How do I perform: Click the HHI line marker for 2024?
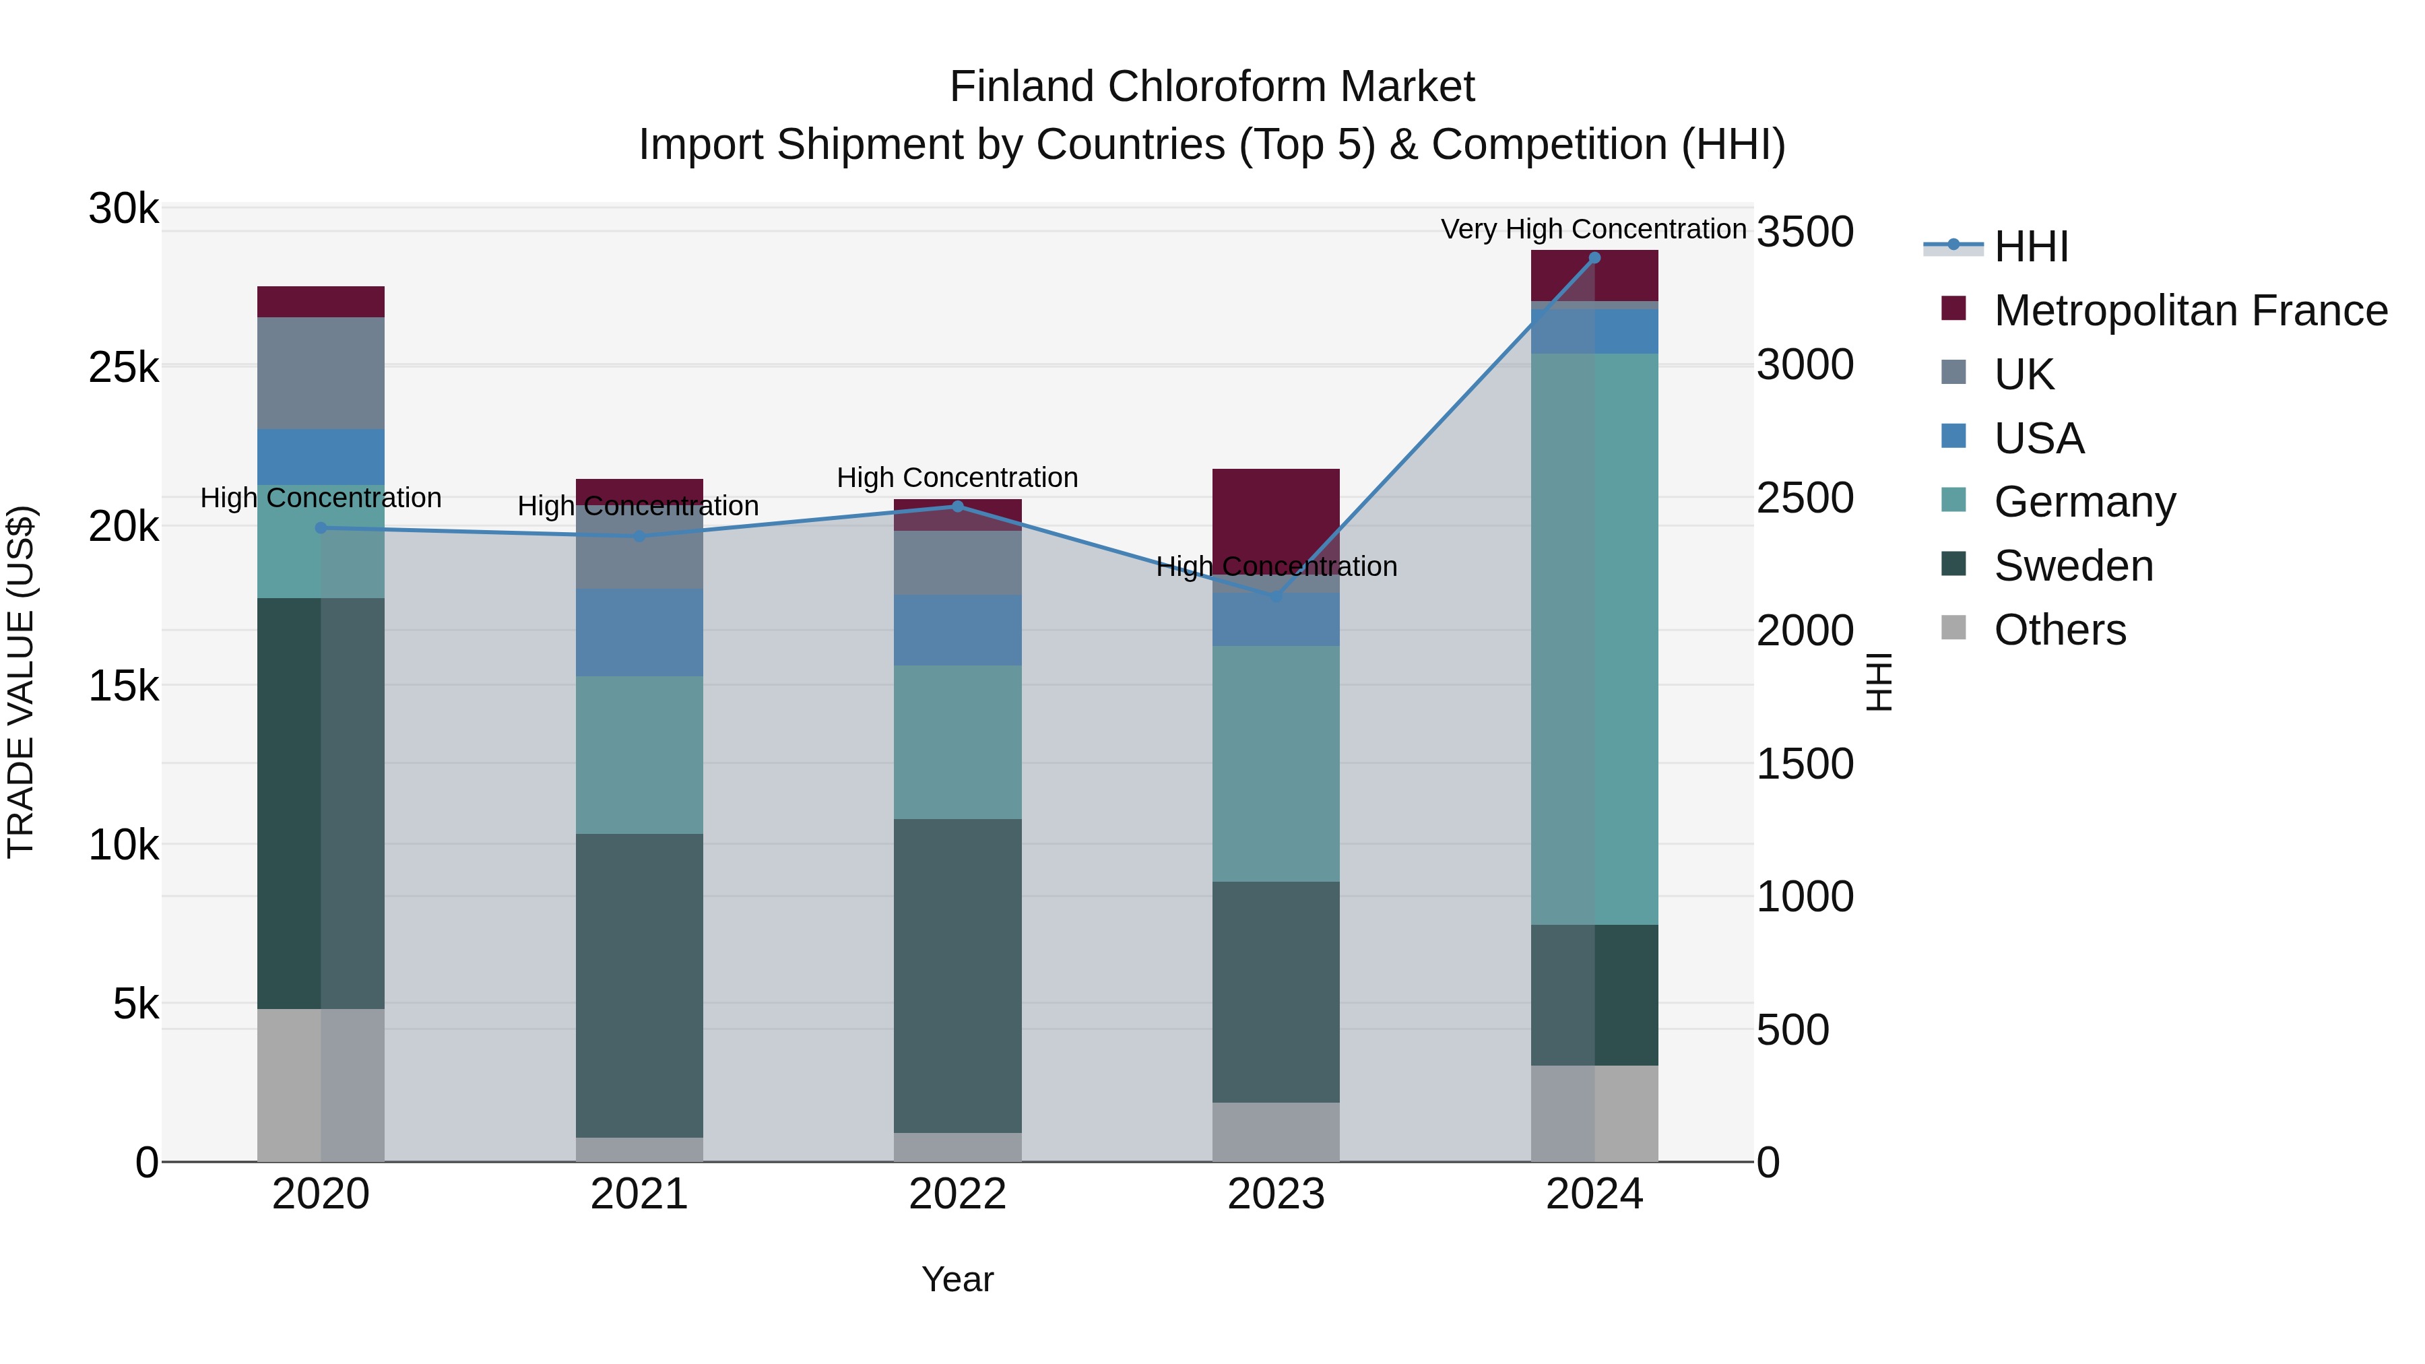(1594, 258)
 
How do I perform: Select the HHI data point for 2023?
(1276, 596)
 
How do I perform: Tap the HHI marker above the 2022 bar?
(957, 507)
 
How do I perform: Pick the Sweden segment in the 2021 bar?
(639, 985)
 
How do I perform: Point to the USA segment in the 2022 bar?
(957, 630)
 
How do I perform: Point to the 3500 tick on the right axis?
(1805, 232)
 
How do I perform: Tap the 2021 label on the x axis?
(639, 1194)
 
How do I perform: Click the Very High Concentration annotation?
(1593, 229)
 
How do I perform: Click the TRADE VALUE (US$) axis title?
(21, 682)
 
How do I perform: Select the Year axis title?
(957, 1279)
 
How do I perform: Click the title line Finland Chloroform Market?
(1212, 87)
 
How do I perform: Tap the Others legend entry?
(2059, 630)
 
